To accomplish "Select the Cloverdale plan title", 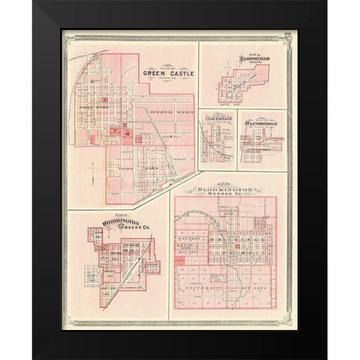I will [217, 118].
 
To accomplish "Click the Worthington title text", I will [112, 222].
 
